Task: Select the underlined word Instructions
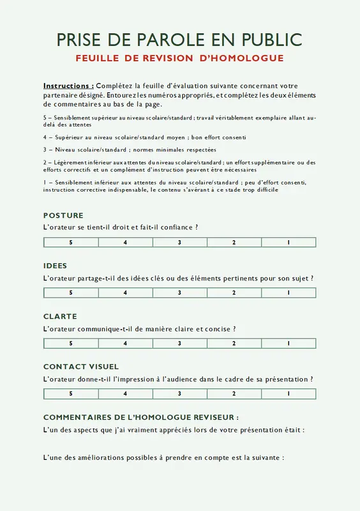click(68, 85)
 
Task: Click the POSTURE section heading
click(63, 215)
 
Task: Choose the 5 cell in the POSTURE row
click(71, 242)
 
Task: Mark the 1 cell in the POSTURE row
click(289, 242)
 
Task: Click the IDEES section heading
click(55, 266)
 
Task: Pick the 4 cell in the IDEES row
click(125, 293)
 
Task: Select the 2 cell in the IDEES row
click(234, 293)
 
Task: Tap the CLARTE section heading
click(60, 316)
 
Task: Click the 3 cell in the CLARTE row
click(179, 343)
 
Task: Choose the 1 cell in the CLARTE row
click(289, 343)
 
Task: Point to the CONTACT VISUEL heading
click(81, 367)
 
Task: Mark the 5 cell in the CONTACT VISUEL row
click(71, 393)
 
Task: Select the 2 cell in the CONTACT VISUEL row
click(234, 393)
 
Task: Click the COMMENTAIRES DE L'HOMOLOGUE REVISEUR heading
click(141, 417)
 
